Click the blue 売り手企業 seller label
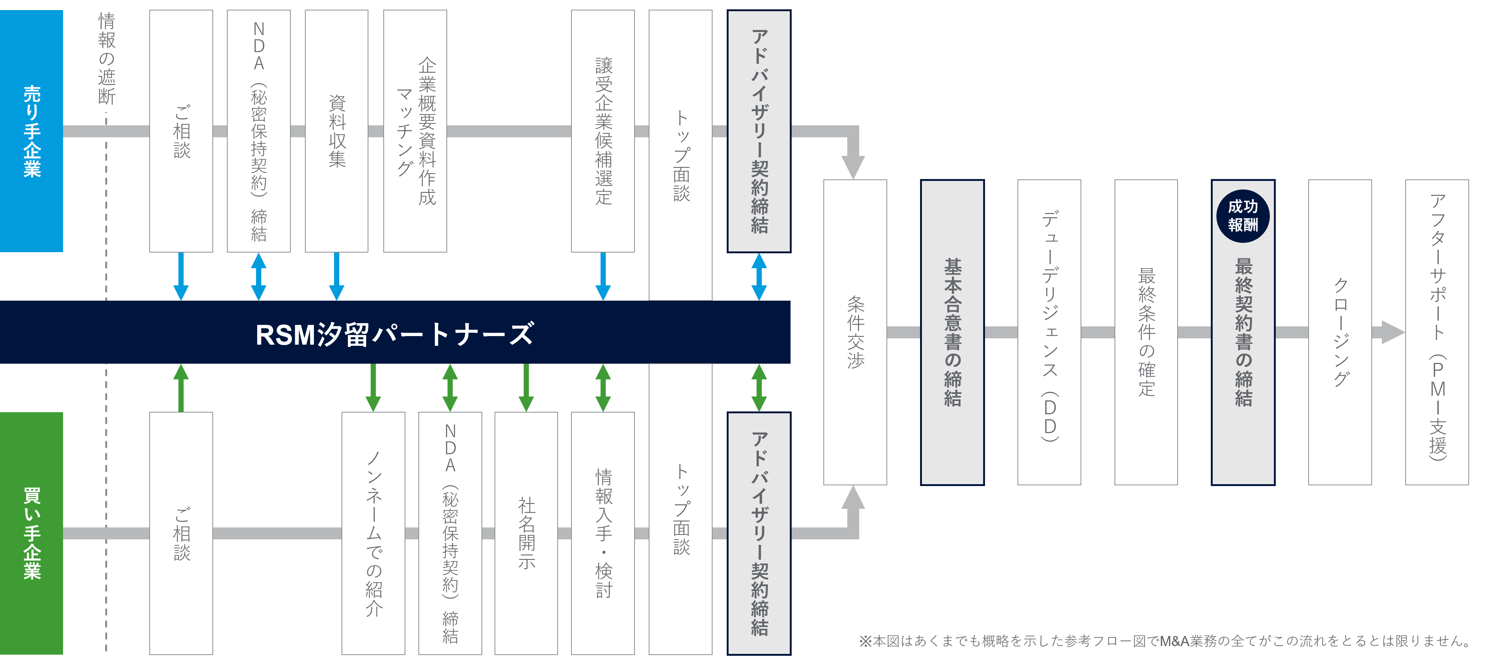point(31,131)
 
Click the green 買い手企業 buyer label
point(31,533)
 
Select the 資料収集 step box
point(337,131)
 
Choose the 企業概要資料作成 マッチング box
point(415,131)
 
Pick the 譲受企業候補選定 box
point(603,131)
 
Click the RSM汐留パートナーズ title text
point(395,333)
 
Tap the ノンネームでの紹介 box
point(373,533)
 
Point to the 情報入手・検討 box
point(603,533)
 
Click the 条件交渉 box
point(855,332)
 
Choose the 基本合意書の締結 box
point(952,332)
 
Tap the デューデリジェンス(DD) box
point(1049,332)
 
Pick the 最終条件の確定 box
point(1146,332)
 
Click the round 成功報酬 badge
point(1243,216)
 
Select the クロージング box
point(1340,332)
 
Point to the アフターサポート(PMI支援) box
point(1437,332)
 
